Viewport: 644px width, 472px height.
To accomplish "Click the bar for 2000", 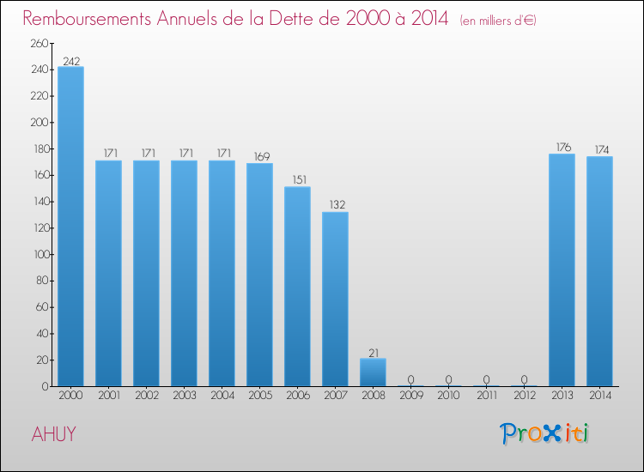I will [70, 227].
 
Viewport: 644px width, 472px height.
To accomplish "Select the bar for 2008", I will [373, 372].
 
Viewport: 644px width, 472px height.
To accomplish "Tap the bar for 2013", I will [562, 269].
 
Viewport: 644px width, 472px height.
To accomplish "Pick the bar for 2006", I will [297, 287].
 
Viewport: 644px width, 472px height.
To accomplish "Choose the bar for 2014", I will [599, 271].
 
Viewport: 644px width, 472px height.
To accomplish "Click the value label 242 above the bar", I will [70, 61].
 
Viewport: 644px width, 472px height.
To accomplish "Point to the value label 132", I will [335, 205].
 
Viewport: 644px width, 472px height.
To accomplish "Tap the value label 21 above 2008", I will [373, 352].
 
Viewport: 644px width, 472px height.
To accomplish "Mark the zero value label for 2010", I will [448, 379].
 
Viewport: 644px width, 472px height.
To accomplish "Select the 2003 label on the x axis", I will [184, 396].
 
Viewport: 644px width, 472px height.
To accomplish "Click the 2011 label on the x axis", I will [486, 396].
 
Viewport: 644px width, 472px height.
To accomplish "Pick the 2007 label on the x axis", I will [335, 396].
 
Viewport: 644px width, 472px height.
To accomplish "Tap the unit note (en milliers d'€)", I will [498, 20].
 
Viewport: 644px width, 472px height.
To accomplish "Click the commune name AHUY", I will [53, 434].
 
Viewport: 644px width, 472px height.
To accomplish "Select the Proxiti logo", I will [544, 433].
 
